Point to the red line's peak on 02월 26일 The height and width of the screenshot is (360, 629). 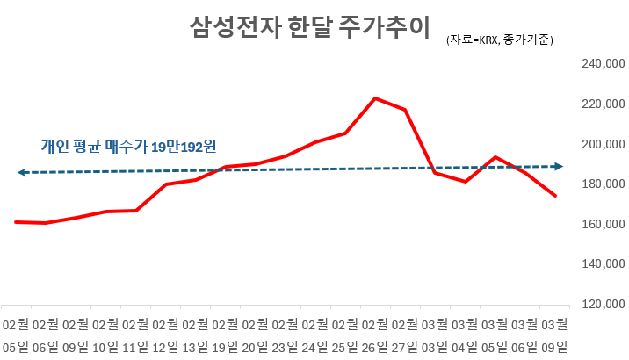point(375,98)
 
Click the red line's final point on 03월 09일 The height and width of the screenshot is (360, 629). point(554,195)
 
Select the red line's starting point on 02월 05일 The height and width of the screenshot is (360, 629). point(17,222)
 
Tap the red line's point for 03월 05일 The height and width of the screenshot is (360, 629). point(495,157)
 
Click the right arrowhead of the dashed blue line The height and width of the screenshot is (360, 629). point(559,166)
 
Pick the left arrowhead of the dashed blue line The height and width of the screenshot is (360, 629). point(21,173)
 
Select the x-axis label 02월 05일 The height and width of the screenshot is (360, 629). point(17,335)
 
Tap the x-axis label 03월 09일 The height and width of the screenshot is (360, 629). point(554,335)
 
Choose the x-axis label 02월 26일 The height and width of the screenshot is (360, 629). point(375,335)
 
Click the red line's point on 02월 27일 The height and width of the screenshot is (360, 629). point(405,110)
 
